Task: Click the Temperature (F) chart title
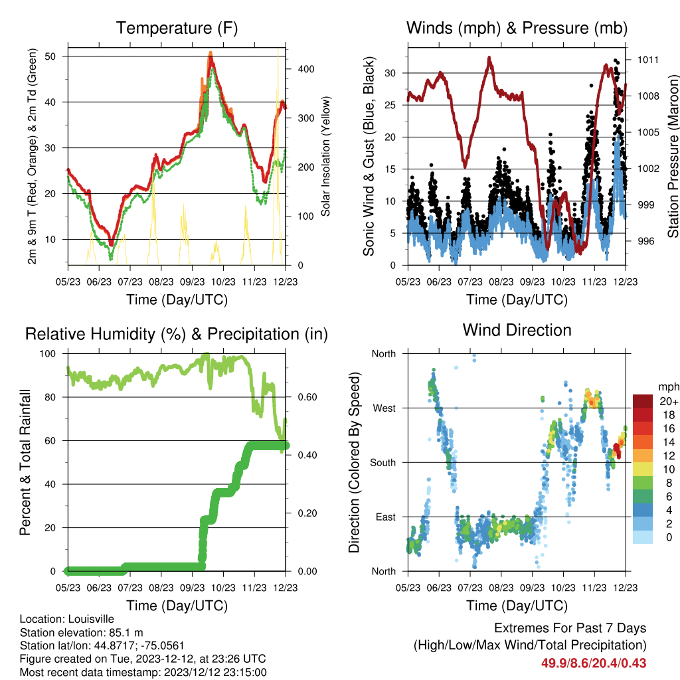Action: [177, 28]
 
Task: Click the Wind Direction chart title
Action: [517, 330]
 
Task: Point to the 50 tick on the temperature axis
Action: [50, 56]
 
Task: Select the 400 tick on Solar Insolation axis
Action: [305, 69]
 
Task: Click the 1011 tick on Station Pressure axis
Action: [647, 60]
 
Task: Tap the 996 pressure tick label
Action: [645, 241]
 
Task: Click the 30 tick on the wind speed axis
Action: [390, 73]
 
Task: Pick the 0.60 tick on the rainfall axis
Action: [307, 397]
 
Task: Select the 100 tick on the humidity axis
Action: [48, 354]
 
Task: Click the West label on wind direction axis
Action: [384, 408]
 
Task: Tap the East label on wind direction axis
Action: [386, 517]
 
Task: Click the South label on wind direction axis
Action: [383, 463]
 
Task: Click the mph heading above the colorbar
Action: [669, 386]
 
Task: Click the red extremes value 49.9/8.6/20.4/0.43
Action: [594, 663]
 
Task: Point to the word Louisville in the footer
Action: [91, 619]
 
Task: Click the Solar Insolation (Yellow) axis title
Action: [325, 156]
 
